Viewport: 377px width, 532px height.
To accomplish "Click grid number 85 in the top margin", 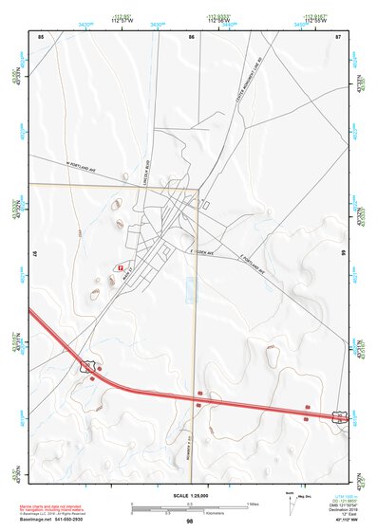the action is [x=41, y=36].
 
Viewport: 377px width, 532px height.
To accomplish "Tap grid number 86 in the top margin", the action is [x=191, y=36].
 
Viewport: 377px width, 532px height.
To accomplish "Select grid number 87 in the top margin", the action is [x=338, y=36].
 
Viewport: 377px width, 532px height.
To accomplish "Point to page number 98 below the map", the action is [x=190, y=522].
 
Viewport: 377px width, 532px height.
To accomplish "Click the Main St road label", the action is [x=132, y=268].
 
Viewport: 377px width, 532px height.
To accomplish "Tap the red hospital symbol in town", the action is [x=120, y=267].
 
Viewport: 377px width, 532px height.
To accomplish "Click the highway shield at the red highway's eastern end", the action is [x=339, y=416].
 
